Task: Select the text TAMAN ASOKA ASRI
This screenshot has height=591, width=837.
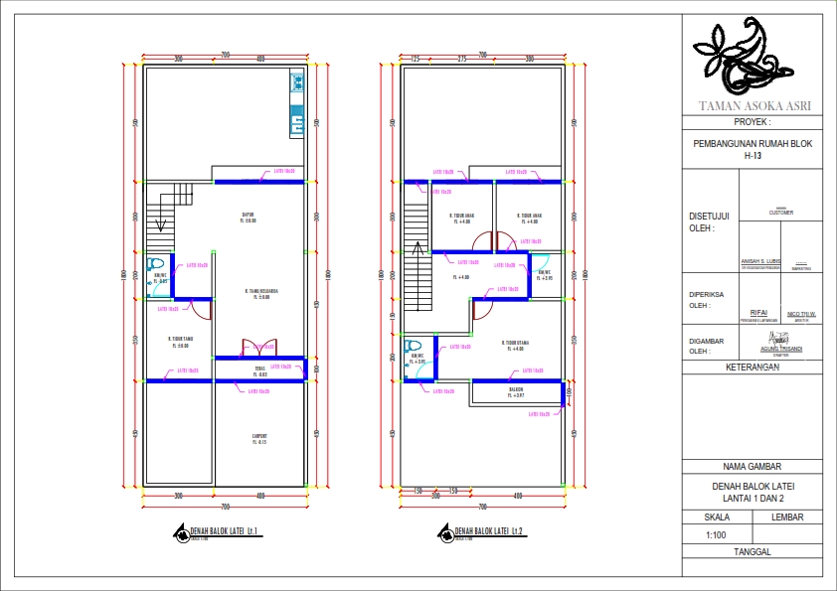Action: [x=753, y=105]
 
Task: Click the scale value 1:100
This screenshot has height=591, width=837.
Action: [x=716, y=534]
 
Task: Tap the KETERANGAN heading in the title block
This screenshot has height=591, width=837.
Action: [x=752, y=367]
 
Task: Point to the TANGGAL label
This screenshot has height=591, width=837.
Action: [x=752, y=551]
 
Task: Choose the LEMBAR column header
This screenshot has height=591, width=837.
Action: [x=786, y=517]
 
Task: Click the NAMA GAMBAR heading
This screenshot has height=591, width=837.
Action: [x=752, y=466]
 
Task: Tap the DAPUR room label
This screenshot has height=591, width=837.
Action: [x=250, y=216]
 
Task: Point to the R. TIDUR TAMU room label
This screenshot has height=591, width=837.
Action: [x=180, y=341]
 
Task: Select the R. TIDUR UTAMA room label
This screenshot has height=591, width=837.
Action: [x=513, y=344]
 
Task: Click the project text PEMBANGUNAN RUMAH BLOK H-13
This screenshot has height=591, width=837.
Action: [x=752, y=149]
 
